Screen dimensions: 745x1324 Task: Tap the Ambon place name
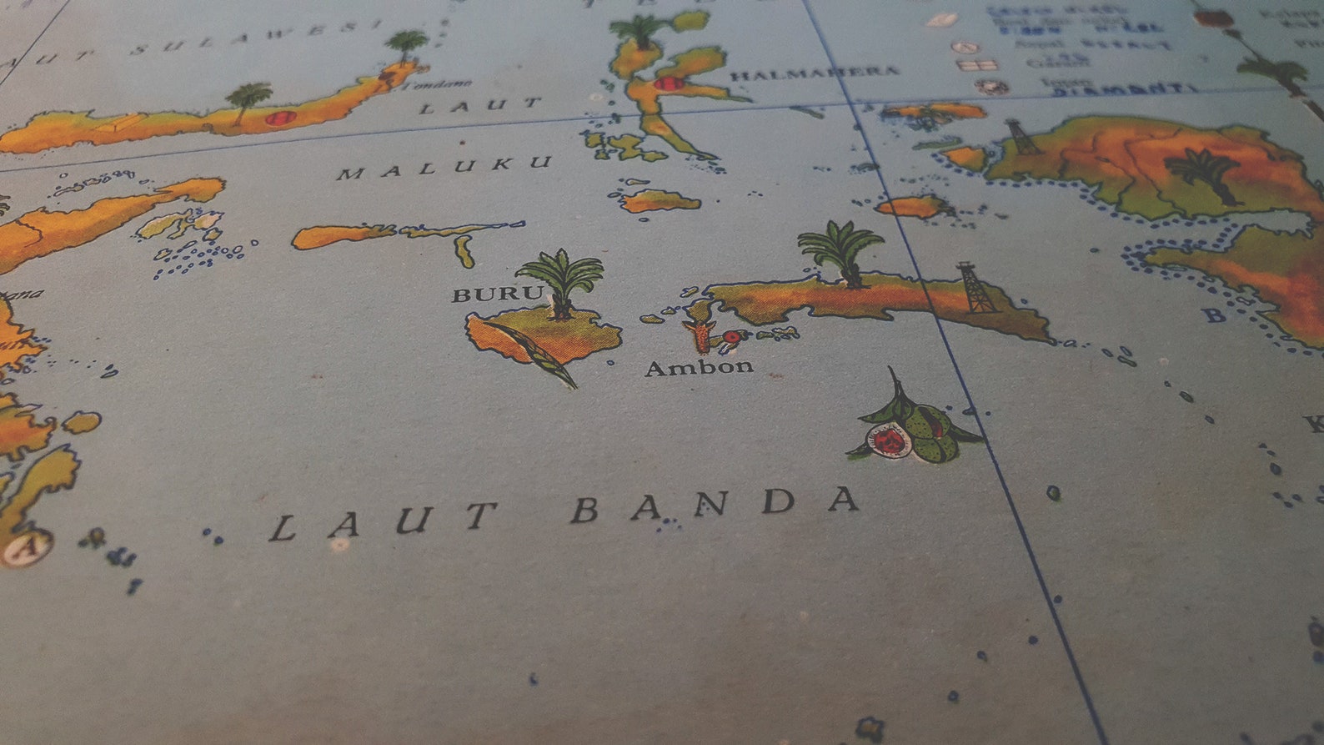[x=699, y=367]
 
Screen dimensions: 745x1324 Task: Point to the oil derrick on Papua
[x=1021, y=137]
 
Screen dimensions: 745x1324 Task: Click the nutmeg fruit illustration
[x=913, y=425]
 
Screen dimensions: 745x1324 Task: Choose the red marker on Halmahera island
[x=669, y=83]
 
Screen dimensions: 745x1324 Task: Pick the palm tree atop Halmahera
[x=640, y=32]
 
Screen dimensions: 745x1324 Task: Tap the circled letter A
[x=23, y=548]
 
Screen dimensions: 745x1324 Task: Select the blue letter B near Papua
[x=1215, y=314]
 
